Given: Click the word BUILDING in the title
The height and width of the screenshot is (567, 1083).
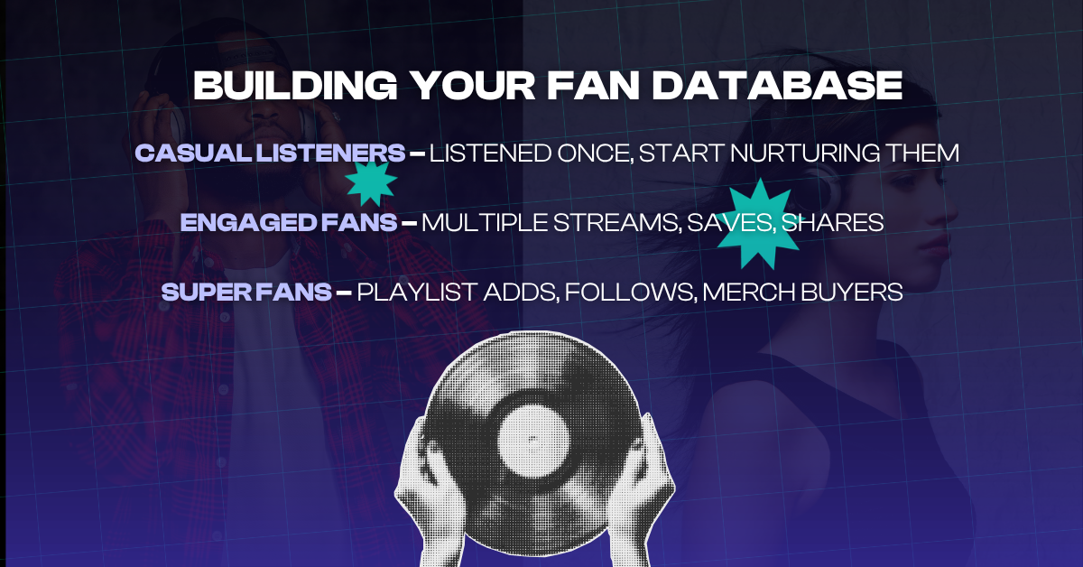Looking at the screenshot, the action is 295,85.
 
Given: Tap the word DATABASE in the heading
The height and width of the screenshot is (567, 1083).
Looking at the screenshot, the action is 777,85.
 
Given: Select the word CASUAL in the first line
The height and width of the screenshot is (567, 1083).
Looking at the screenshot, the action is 193,153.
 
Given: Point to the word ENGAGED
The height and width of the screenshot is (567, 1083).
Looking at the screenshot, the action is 247,222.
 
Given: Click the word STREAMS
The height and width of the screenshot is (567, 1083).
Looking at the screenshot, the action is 617,223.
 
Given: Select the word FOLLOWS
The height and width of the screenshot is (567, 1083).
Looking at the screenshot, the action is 631,293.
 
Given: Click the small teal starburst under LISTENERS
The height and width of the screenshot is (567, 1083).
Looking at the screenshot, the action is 371,183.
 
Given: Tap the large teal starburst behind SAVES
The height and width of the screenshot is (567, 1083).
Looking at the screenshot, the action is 758,224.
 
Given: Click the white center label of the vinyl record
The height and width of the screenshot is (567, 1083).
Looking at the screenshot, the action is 533,442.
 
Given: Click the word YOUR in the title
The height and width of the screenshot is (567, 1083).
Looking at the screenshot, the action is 475,85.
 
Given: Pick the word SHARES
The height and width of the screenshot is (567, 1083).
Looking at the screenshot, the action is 832,222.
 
